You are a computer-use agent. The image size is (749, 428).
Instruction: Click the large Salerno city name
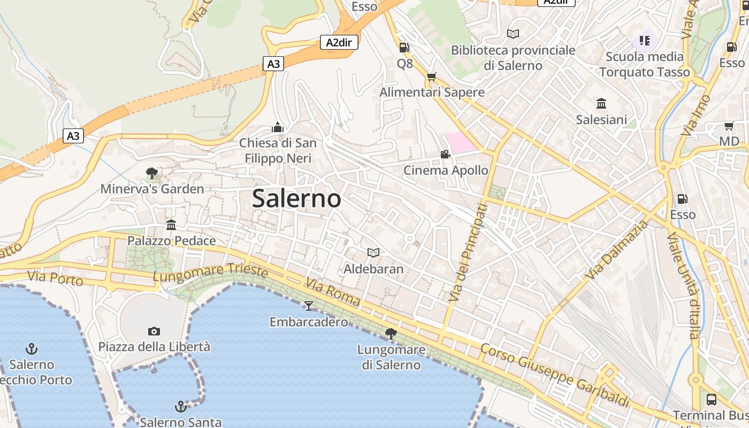pos(296,198)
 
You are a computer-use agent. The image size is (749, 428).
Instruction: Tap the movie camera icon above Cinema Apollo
pos(445,155)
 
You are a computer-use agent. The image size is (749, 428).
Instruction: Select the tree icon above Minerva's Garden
pos(152,173)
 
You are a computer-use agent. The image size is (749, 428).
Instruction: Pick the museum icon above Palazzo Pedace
pos(171,225)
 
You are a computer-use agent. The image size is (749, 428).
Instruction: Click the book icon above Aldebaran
pos(373,253)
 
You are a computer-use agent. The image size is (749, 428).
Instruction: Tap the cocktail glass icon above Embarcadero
pos(309,305)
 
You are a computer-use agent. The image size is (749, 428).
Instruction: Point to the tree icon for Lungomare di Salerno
pos(391,334)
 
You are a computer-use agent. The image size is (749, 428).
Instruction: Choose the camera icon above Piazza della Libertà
pos(154,331)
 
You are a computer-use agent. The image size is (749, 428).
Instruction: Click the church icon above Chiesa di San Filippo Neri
pos(277,127)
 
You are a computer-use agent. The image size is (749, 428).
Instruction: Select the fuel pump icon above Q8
pos(404,48)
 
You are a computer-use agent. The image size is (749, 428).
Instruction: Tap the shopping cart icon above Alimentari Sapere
pos(432,77)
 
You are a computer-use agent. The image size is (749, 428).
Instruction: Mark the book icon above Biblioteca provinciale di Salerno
pos(513,34)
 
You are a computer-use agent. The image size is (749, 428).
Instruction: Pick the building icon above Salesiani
pos(601,103)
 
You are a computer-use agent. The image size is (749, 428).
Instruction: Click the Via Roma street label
pos(333,291)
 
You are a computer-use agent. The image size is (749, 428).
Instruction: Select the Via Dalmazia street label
pos(616,249)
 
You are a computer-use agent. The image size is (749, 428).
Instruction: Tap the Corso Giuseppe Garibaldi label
pos(554,374)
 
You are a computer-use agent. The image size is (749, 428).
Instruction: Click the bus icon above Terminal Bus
pos(712,399)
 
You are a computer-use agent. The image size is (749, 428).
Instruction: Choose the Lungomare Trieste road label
pos(210,273)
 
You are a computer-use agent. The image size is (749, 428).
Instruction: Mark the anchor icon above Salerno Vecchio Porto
pos(32,349)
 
